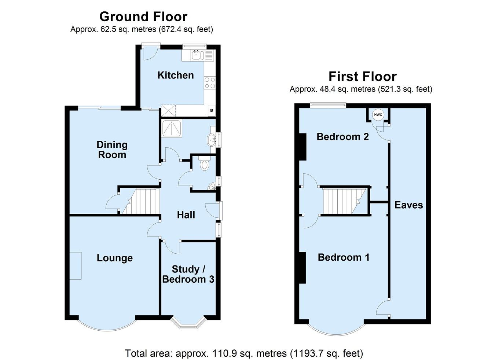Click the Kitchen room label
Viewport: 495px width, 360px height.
point(175,75)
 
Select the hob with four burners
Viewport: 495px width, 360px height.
point(210,83)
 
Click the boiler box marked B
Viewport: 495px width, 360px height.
point(211,110)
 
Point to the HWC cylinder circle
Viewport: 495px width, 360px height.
point(378,115)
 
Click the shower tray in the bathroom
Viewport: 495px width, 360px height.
point(171,129)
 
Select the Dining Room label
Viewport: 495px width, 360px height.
point(112,150)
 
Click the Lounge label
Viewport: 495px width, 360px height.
point(114,258)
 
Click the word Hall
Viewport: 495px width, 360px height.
point(186,215)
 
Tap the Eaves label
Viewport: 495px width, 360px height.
point(408,205)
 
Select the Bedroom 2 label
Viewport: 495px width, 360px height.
point(343,137)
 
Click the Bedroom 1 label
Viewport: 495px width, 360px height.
point(344,257)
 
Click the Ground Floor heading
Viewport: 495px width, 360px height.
point(143,16)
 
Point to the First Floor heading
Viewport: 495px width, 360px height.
point(362,76)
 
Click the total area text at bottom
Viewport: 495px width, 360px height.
point(244,353)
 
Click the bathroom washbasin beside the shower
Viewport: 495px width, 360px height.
point(212,139)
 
